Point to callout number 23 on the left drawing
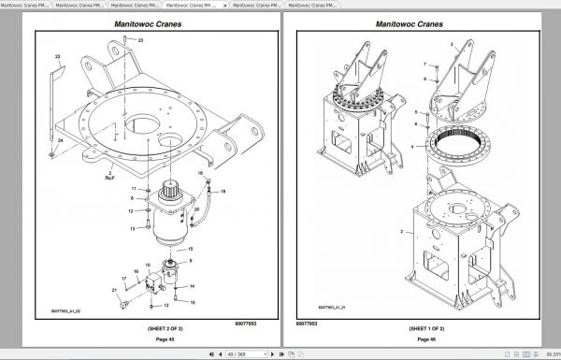pyautogui.click(x=141, y=42)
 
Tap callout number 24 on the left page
pyautogui.click(x=61, y=140)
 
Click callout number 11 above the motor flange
pyautogui.click(x=135, y=190)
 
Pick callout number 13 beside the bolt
pyautogui.click(x=134, y=227)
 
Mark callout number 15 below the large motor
pyautogui.click(x=191, y=250)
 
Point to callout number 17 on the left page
pyautogui.click(x=123, y=279)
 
